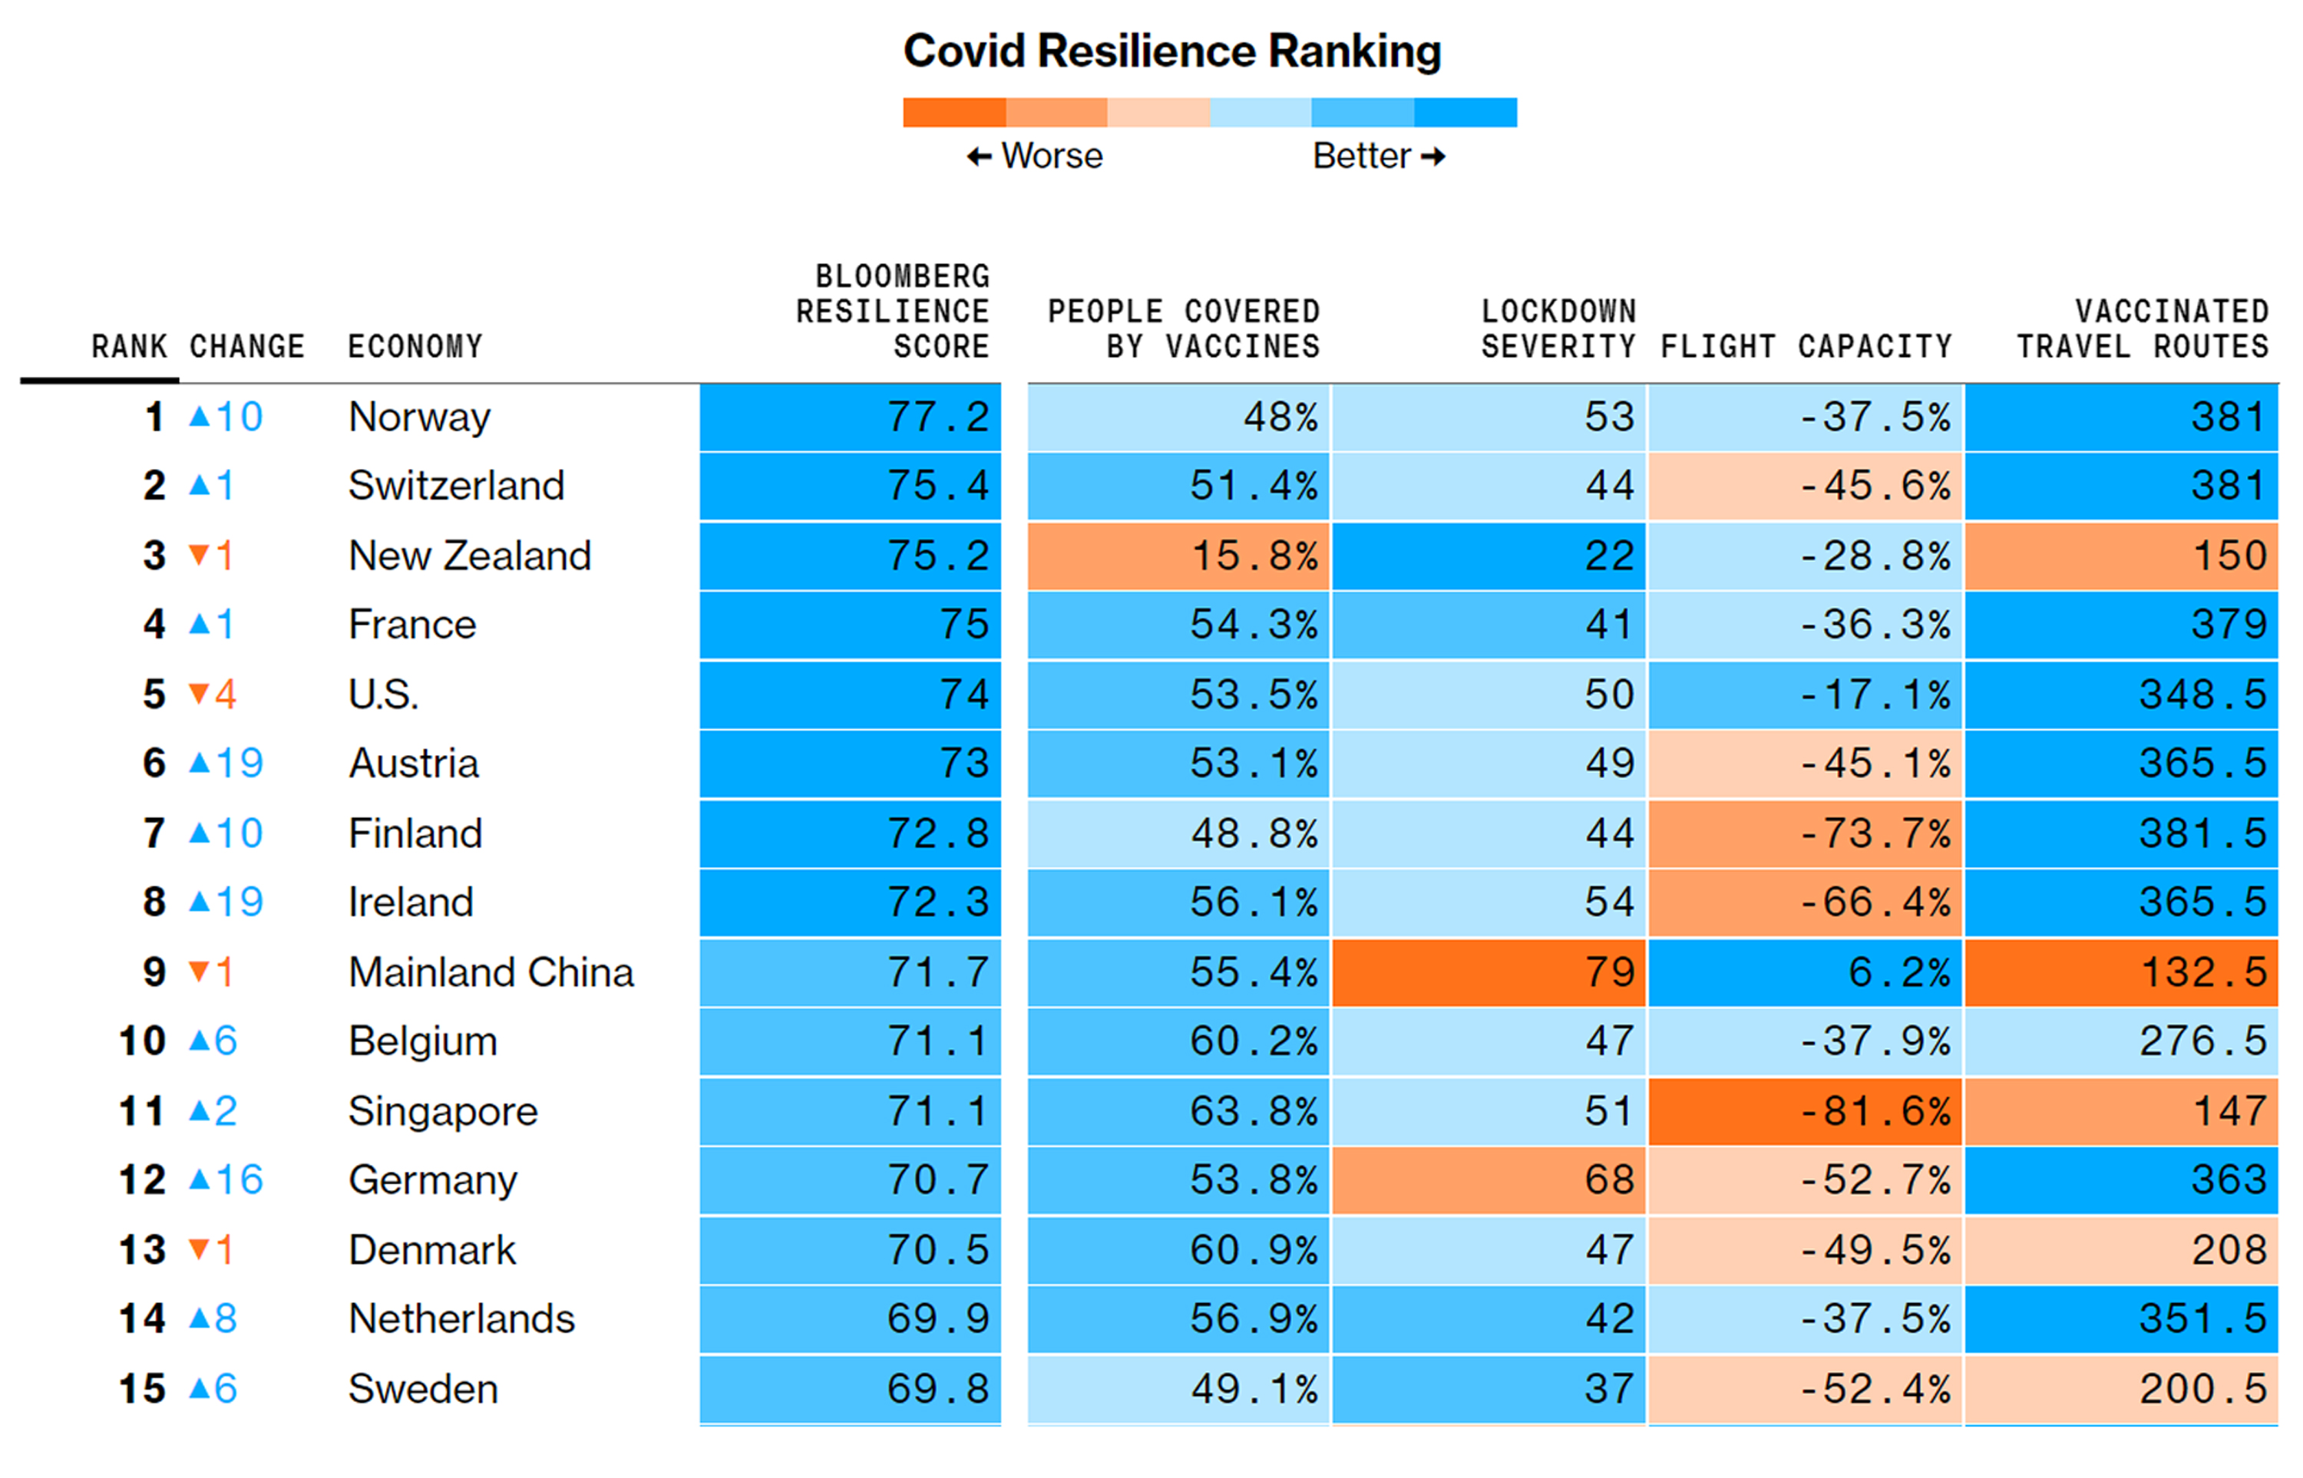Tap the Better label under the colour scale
tap(1361, 156)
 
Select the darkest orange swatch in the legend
tap(953, 112)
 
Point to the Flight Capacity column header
tap(1806, 345)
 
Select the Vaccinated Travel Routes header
tap(2142, 328)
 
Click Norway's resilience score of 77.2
tap(937, 417)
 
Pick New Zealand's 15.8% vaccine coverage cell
tap(1254, 556)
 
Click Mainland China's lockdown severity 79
tap(1609, 972)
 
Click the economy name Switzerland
tap(456, 486)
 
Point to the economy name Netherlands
tap(461, 1318)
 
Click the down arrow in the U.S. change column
tap(199, 693)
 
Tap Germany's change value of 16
tap(239, 1179)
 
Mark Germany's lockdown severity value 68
tap(1609, 1179)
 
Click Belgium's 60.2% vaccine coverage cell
tap(1254, 1041)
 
